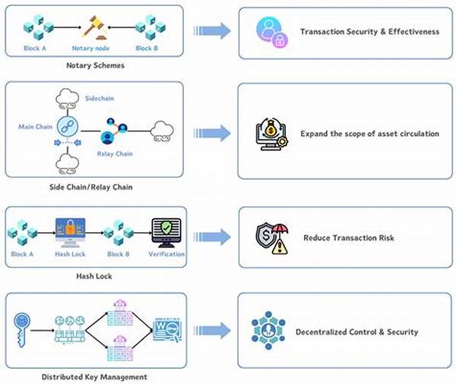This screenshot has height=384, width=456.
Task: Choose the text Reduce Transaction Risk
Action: pyautogui.click(x=347, y=238)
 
